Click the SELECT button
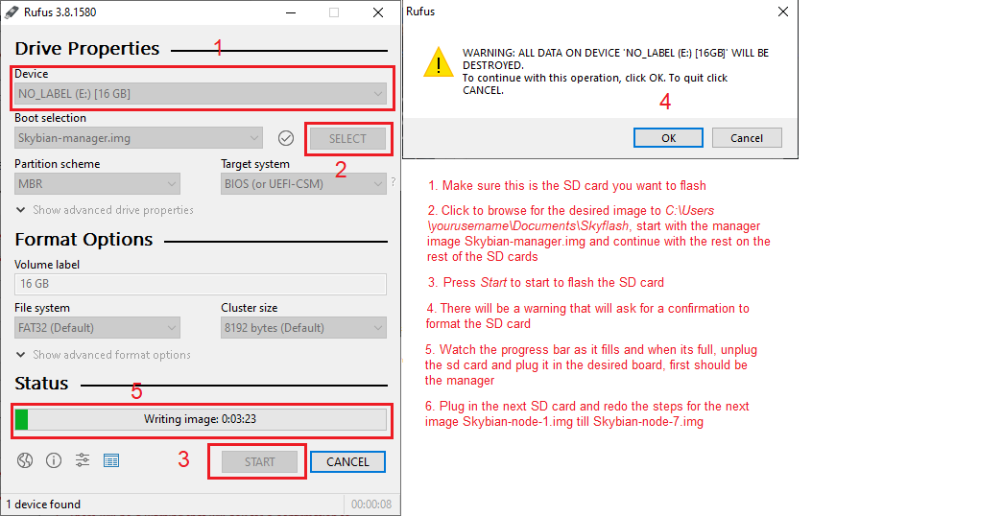(348, 139)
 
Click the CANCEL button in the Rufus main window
(348, 461)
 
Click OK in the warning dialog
(668, 138)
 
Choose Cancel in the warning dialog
(747, 138)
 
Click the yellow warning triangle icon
(439, 62)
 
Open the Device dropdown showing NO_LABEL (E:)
(201, 94)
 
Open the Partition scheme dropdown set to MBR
(97, 184)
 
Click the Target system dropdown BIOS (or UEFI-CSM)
(303, 184)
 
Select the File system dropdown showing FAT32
(97, 328)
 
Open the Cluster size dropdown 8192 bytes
(303, 328)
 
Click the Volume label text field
(201, 284)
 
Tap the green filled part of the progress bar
(22, 419)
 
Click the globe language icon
(25, 460)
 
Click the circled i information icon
(54, 460)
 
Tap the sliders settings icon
(83, 460)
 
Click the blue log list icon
(111, 460)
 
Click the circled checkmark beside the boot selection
(286, 138)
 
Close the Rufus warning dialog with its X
(783, 12)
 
